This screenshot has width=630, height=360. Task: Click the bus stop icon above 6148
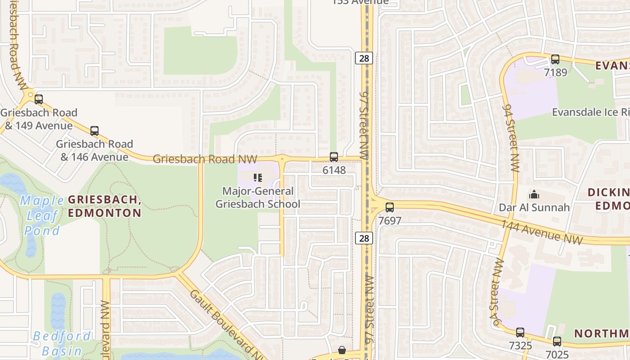[334, 157]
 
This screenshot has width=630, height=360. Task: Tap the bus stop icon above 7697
[390, 207]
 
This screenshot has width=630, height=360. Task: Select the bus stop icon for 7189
[555, 59]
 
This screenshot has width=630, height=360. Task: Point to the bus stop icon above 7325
[520, 333]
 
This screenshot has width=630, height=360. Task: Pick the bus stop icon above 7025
[557, 342]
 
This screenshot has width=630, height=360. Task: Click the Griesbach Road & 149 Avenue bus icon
[39, 99]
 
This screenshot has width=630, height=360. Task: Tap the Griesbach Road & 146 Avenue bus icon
[94, 131]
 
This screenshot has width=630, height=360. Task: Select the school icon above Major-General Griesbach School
[257, 177]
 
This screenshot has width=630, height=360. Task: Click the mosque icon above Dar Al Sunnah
[534, 194]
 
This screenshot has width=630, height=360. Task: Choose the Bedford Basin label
[62, 343]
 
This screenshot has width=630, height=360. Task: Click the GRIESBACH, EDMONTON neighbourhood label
[105, 206]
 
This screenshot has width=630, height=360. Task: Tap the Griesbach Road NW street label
[205, 159]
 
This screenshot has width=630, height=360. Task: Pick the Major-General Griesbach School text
[258, 198]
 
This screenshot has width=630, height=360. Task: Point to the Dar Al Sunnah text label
[534, 207]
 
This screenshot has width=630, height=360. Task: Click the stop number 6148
[334, 170]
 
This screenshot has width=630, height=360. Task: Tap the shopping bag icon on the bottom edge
[342, 350]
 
